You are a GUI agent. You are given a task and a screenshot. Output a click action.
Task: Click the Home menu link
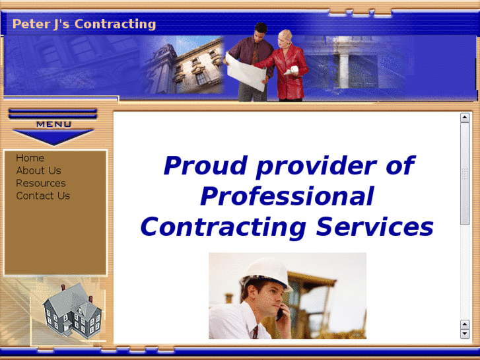(x=30, y=158)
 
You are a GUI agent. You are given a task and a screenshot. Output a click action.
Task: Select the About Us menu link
(x=38, y=170)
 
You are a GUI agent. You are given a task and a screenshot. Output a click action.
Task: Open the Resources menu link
(x=41, y=183)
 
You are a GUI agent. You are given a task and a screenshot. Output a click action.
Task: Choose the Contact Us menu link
(x=43, y=196)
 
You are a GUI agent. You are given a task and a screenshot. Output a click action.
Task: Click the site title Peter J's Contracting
(x=84, y=24)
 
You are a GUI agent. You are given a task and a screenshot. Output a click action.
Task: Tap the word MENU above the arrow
(x=53, y=124)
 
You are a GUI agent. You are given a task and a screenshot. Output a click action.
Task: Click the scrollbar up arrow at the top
(x=465, y=118)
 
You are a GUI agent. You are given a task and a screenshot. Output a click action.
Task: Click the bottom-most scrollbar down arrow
(x=465, y=334)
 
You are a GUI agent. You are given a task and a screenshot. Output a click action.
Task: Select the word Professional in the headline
(x=287, y=196)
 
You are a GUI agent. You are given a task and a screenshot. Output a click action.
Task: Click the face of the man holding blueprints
(x=260, y=32)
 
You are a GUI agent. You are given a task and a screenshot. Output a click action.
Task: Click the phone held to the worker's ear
(x=280, y=312)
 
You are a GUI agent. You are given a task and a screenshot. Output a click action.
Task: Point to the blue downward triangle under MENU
(x=53, y=137)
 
